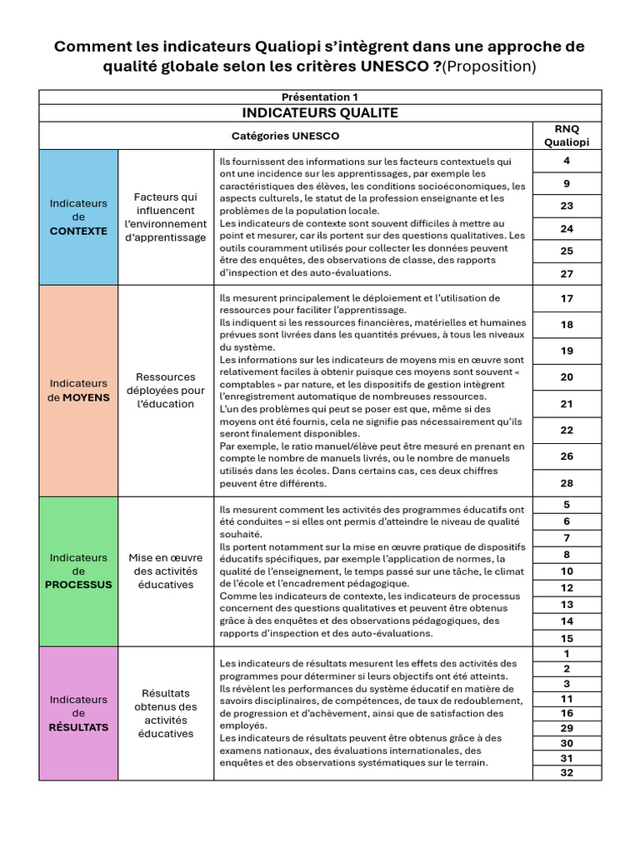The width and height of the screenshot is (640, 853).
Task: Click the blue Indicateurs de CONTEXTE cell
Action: (x=78, y=217)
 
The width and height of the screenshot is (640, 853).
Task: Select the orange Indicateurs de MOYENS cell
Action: (x=78, y=390)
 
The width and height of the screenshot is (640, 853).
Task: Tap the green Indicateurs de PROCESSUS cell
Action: (x=78, y=571)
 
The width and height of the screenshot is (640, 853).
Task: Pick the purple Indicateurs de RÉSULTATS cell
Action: (x=78, y=713)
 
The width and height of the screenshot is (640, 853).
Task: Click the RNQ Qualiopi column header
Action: (x=566, y=135)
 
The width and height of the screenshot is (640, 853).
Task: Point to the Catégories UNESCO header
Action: (x=285, y=135)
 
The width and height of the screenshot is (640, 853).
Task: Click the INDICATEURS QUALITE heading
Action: (x=320, y=112)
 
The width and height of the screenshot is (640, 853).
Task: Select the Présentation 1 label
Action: (x=320, y=97)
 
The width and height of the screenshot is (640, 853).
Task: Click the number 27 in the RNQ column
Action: (x=567, y=274)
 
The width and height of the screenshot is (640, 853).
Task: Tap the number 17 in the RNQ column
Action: (x=567, y=298)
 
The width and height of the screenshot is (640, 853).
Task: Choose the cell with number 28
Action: (x=567, y=483)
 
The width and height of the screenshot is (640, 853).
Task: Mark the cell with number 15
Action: (x=567, y=638)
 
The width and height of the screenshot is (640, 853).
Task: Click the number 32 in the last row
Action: (x=567, y=772)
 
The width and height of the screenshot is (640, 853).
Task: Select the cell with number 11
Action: (x=567, y=699)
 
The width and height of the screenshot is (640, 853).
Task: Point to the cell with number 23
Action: (x=567, y=206)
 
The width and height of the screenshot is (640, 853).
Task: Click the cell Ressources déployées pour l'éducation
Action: (x=165, y=390)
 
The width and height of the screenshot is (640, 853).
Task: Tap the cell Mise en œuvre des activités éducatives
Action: (x=165, y=571)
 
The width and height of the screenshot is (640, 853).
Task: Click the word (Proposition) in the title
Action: (x=489, y=67)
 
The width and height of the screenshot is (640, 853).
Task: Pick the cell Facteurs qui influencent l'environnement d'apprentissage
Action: (x=165, y=217)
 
